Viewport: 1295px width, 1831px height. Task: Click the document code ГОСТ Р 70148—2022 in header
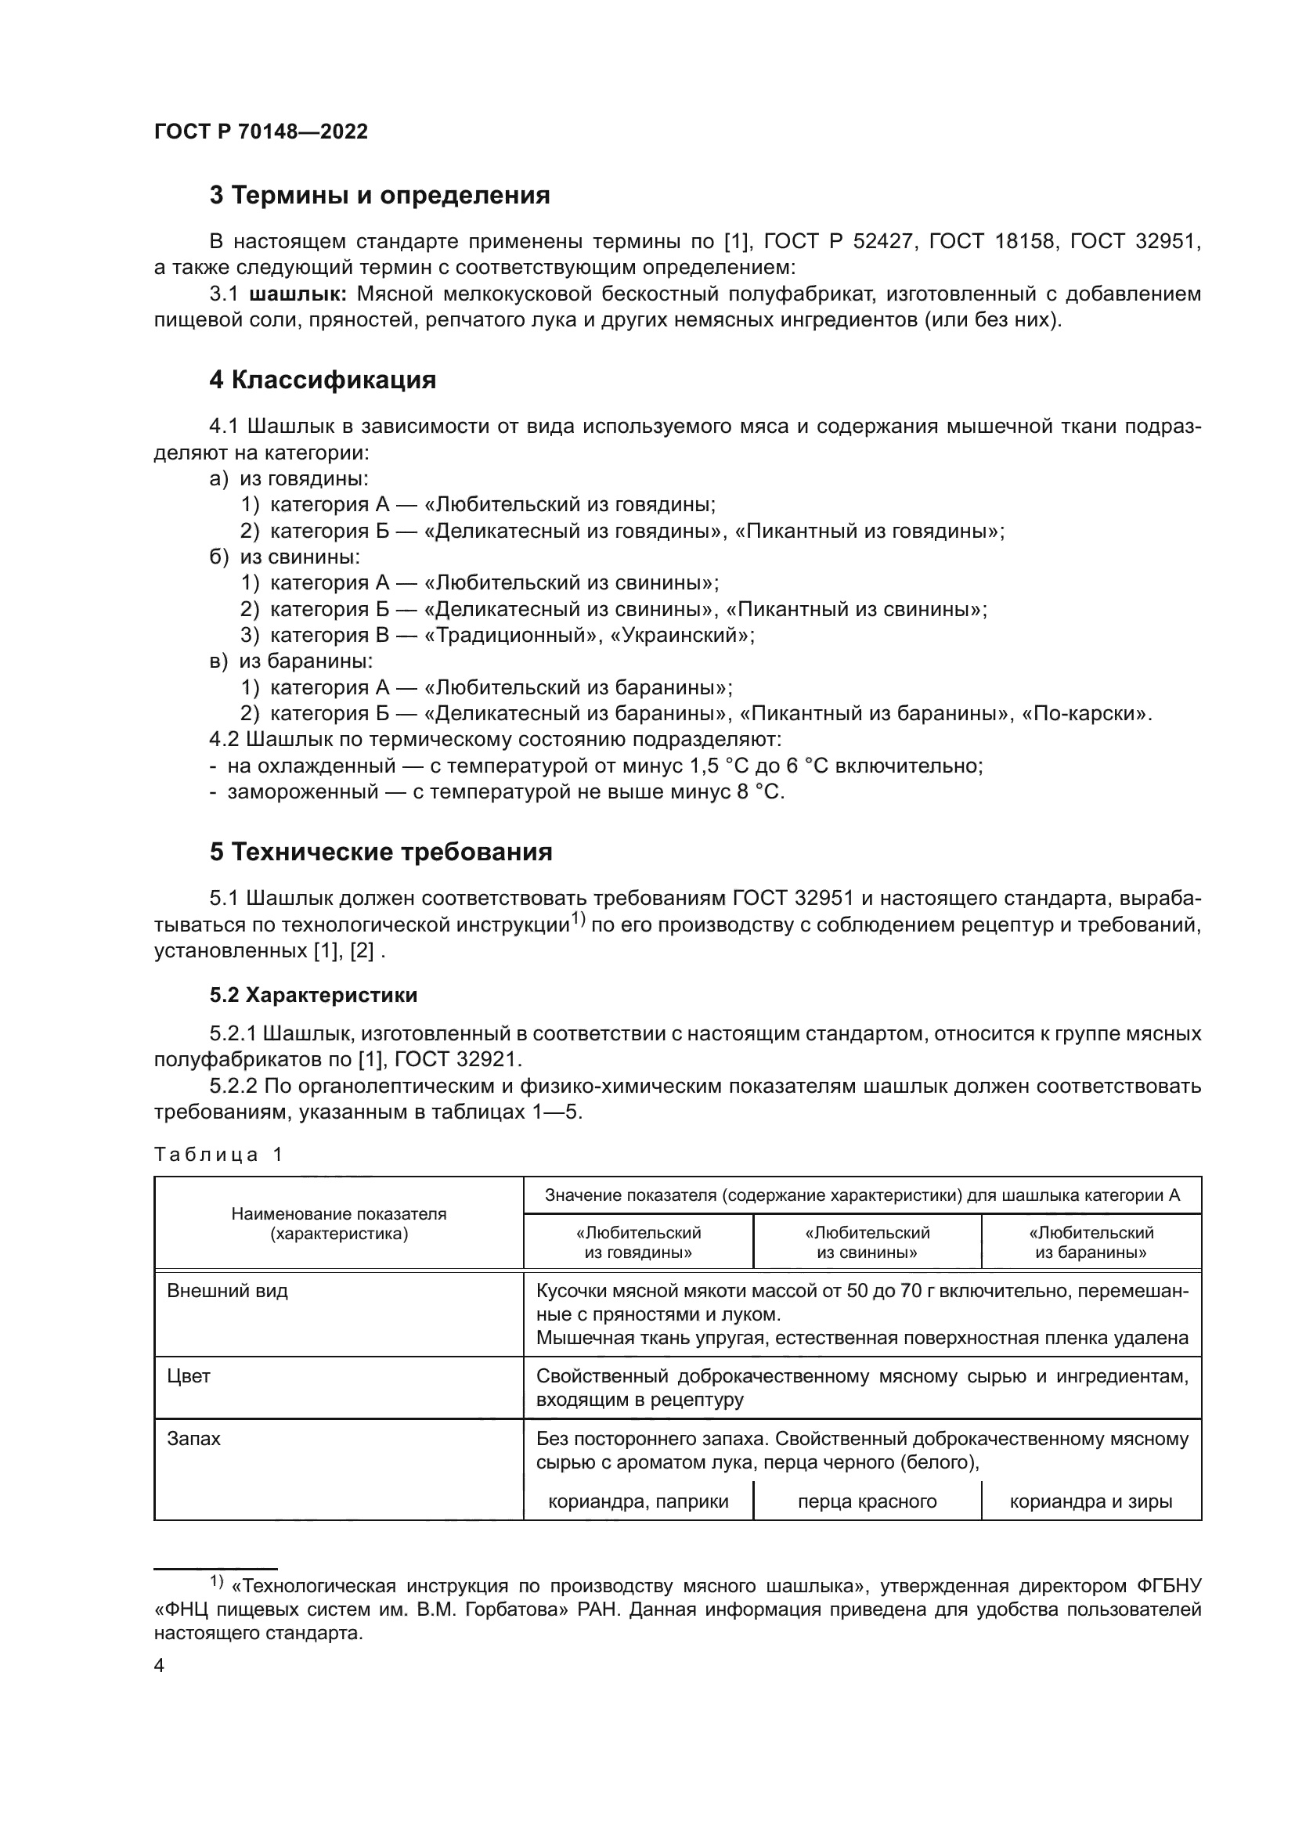tap(261, 132)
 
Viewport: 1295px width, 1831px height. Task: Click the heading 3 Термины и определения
tap(380, 196)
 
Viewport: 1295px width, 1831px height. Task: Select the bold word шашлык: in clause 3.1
tap(298, 294)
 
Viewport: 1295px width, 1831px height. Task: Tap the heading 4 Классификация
tap(322, 380)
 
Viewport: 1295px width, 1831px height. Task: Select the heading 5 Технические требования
tap(381, 852)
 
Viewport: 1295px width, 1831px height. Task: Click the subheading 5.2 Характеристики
tap(313, 995)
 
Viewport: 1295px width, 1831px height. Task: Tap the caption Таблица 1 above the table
tap(218, 1155)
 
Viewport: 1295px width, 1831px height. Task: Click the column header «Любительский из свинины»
tap(867, 1242)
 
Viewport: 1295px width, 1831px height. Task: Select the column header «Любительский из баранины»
tap(1091, 1242)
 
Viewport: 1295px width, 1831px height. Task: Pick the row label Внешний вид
tap(227, 1291)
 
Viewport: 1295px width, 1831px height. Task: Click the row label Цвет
tap(189, 1376)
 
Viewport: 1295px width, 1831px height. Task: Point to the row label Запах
tap(193, 1439)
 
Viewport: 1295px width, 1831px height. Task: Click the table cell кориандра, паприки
tap(638, 1502)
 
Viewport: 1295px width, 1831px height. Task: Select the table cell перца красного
tap(867, 1502)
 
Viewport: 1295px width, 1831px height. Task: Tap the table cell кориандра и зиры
tap(1091, 1502)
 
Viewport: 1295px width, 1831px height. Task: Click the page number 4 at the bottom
tap(160, 1666)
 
